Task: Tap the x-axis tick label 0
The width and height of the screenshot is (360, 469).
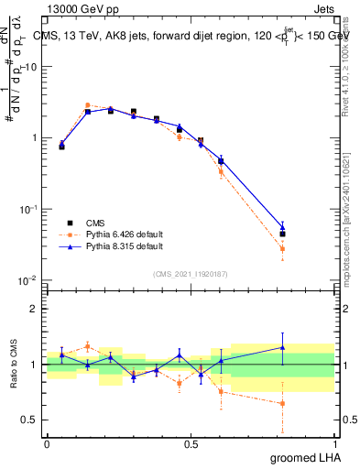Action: [x=47, y=443]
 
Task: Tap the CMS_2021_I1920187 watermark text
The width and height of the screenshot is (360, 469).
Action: [x=190, y=273]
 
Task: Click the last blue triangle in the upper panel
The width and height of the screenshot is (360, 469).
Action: [x=282, y=226]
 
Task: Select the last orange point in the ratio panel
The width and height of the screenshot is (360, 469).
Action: [x=282, y=403]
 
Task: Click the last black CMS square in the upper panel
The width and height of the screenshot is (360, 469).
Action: [x=282, y=234]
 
